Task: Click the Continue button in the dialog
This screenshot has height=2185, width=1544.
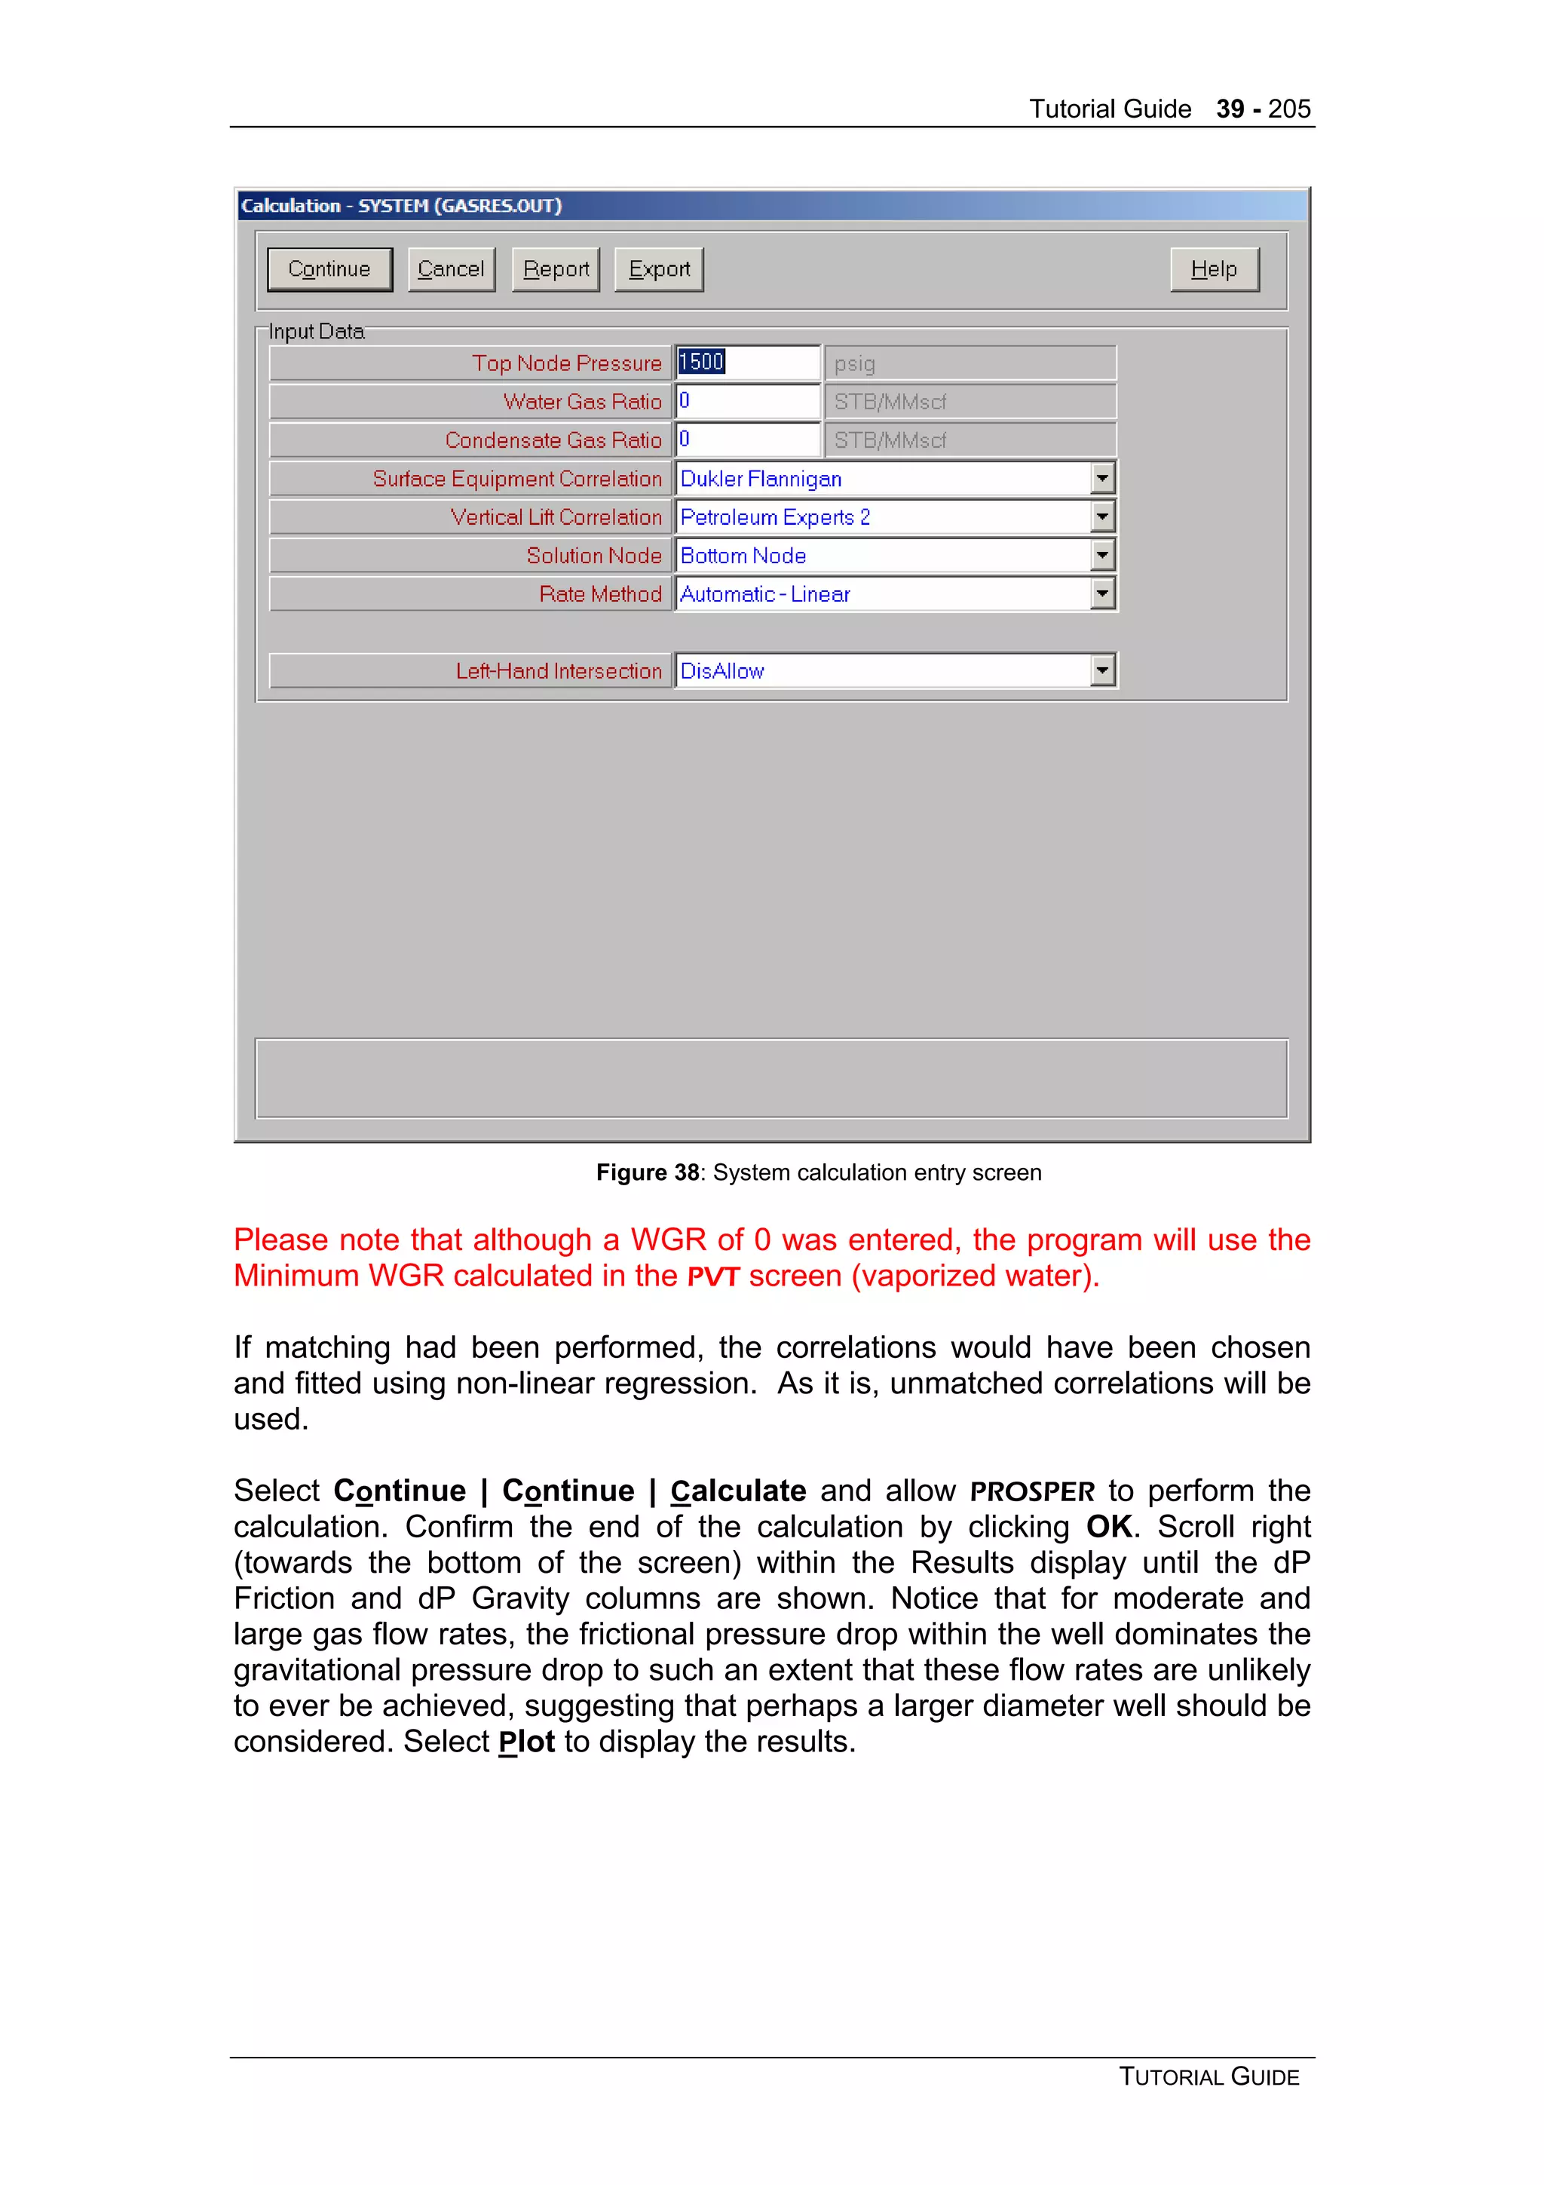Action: coord(329,269)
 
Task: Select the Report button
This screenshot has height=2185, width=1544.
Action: coord(556,269)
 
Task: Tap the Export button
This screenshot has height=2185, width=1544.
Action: coord(658,269)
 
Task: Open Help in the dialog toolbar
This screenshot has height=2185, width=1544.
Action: coord(1214,269)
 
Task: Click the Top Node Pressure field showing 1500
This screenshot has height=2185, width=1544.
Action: coord(747,363)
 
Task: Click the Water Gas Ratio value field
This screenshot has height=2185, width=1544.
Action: coord(747,402)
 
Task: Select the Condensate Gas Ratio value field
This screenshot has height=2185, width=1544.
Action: coord(747,440)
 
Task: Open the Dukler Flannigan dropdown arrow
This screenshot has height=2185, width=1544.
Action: coord(1101,478)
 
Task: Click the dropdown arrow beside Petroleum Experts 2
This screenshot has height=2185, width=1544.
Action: coord(1101,516)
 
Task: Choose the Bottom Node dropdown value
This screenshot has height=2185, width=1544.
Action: coord(743,556)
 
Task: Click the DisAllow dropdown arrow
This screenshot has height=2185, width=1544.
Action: coord(1101,671)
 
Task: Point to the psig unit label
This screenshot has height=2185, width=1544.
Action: coord(854,363)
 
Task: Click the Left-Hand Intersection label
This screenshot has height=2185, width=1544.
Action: coord(559,671)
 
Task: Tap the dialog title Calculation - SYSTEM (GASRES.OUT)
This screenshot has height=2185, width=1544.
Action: coord(400,206)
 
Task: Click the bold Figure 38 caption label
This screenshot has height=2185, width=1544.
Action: coord(647,1172)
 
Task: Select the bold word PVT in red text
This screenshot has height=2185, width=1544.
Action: coord(712,1277)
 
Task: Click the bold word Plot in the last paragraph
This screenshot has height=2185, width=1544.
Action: coord(526,1742)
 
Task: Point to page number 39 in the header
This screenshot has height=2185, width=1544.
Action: coord(1229,109)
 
